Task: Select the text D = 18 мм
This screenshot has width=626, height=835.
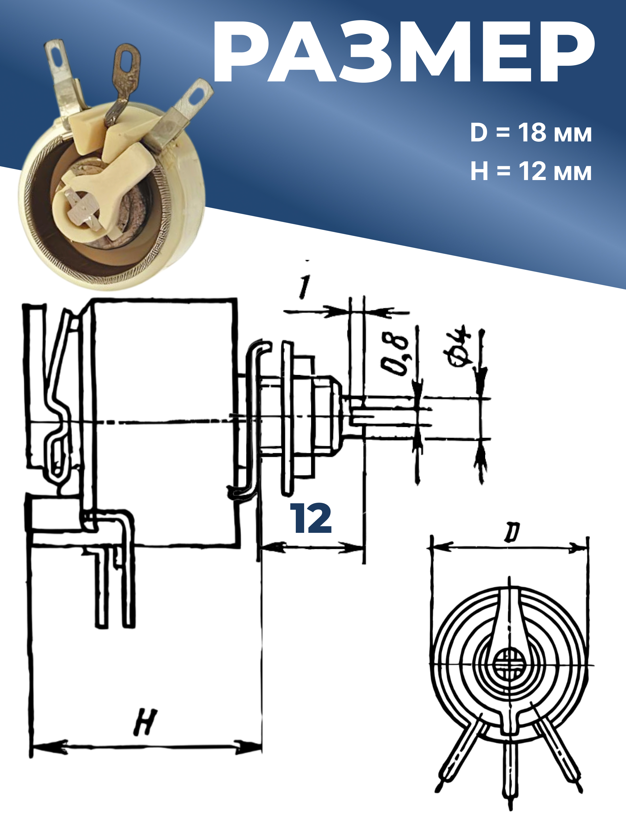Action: [531, 133]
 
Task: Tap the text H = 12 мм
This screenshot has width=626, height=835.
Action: [531, 171]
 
